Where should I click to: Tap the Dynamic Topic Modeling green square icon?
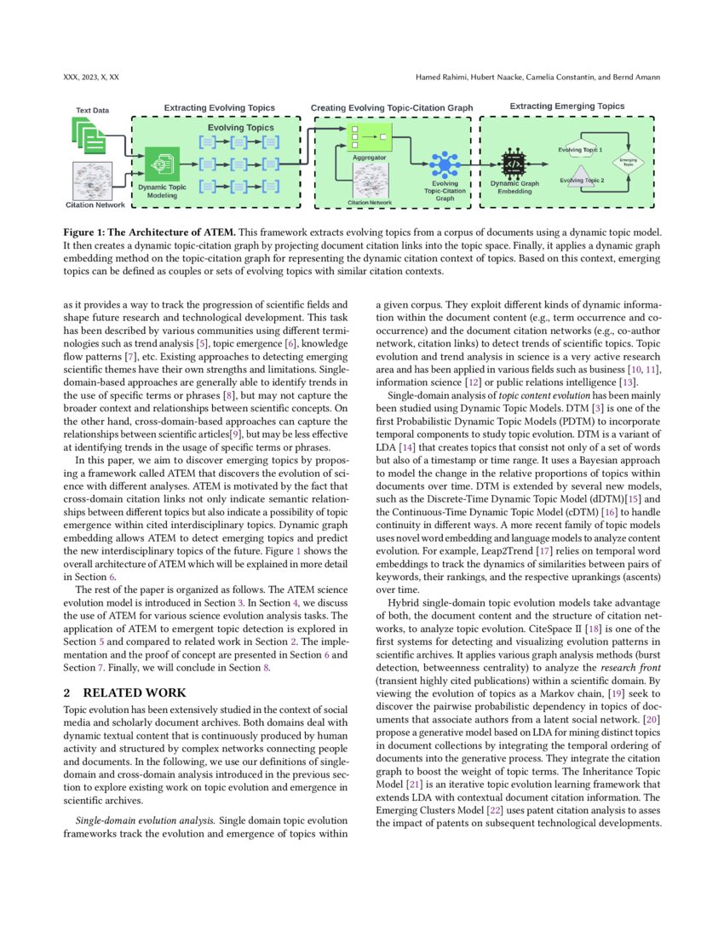coord(162,163)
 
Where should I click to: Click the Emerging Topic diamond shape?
coord(629,160)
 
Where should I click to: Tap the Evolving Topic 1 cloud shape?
coord(580,150)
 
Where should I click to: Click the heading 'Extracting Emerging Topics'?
coord(566,106)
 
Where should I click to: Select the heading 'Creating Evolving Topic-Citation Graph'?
coord(393,108)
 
